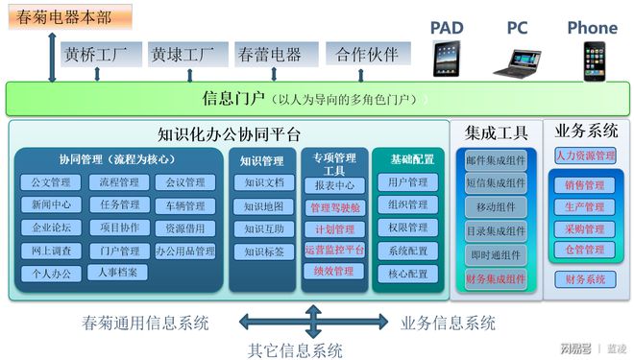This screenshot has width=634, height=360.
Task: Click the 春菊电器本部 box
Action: (62, 16)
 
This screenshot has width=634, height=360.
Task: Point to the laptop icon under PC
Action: (517, 62)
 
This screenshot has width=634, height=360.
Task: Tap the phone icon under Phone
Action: (592, 60)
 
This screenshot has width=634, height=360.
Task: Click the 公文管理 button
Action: (51, 182)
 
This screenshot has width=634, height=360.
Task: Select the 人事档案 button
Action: (118, 273)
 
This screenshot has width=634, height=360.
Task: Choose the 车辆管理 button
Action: (184, 205)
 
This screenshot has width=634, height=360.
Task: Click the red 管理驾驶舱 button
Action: (334, 207)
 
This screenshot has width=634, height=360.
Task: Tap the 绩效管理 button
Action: (334, 272)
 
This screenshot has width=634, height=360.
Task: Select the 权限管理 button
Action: (408, 228)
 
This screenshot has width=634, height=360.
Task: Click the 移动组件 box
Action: (496, 206)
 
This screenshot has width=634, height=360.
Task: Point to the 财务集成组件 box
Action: (496, 279)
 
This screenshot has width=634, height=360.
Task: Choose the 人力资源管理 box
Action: (586, 156)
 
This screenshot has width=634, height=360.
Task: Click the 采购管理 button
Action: (586, 229)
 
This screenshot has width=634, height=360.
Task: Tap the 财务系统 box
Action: (586, 280)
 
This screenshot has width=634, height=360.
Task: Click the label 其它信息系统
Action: (296, 349)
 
